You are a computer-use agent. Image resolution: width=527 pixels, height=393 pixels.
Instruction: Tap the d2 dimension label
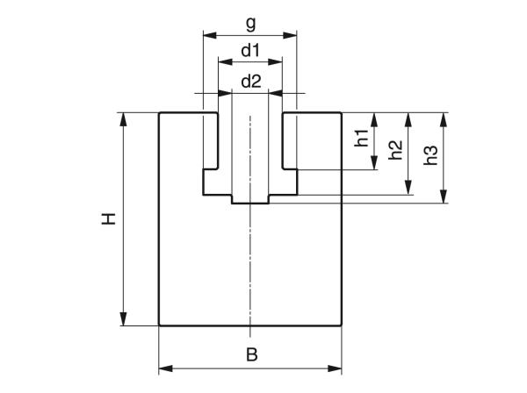pyautogui.click(x=250, y=81)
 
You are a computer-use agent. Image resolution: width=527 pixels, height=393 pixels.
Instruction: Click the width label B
pyautogui.click(x=250, y=355)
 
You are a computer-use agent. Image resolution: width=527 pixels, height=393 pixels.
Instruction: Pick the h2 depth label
pyautogui.click(x=395, y=150)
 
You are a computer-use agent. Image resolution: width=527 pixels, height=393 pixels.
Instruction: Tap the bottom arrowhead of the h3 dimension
pyautogui.click(x=444, y=198)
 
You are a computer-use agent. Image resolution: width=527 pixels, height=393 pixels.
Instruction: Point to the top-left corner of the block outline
pyautogui.click(x=159, y=112)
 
